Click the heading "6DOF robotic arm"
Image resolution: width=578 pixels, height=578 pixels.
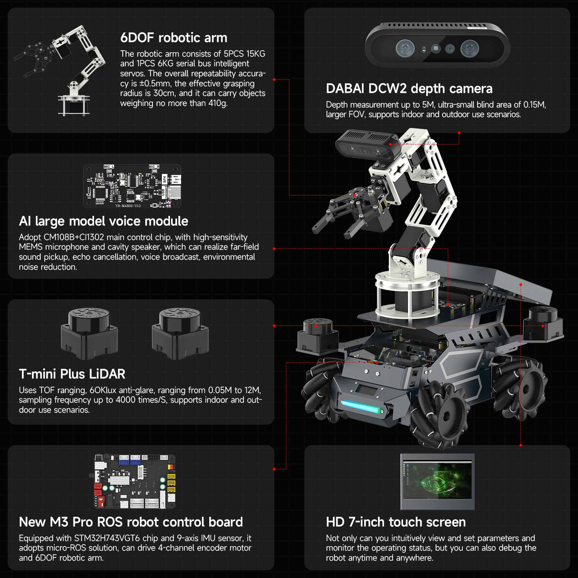click(x=173, y=38)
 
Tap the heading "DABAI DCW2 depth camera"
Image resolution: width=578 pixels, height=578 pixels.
click(x=409, y=89)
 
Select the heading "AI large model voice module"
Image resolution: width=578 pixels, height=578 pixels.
click(x=103, y=221)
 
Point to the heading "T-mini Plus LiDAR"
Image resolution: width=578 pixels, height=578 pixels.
click(x=72, y=374)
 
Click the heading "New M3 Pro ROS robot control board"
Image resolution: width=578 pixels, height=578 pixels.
click(x=131, y=522)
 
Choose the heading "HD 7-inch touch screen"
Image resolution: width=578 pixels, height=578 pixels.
click(x=396, y=522)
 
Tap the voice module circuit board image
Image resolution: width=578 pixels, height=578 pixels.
click(x=132, y=187)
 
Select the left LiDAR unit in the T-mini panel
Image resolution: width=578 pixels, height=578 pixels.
click(x=89, y=333)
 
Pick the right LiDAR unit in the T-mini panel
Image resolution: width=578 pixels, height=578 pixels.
click(x=180, y=333)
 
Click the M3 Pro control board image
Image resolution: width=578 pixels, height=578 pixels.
click(x=135, y=481)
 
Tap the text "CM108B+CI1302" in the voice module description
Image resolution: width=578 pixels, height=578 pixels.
click(x=74, y=237)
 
